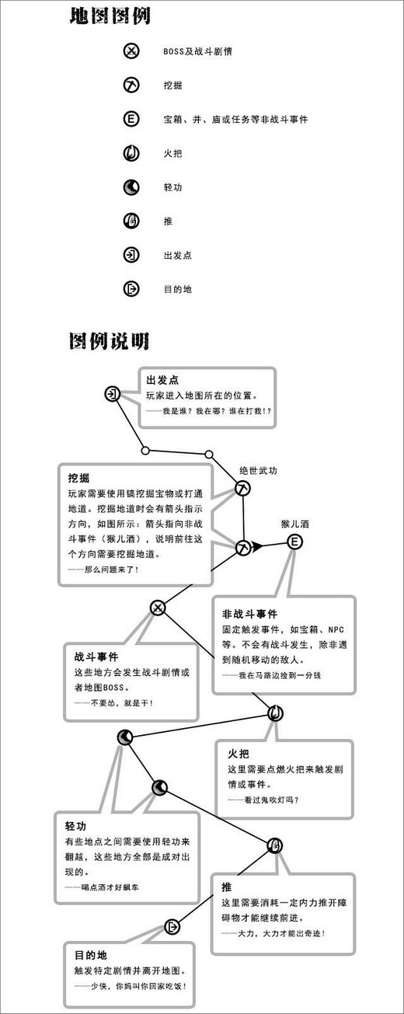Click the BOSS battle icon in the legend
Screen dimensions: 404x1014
131,51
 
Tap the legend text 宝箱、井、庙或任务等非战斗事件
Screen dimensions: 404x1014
235,120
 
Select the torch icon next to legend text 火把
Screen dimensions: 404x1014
131,153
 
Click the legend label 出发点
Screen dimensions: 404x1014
177,256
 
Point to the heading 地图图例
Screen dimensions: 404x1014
110,17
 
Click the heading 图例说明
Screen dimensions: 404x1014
109,341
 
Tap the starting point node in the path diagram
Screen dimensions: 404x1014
112,394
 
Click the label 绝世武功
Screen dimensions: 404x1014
258,470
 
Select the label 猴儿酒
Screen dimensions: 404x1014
295,524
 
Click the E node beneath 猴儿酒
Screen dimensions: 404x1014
294,542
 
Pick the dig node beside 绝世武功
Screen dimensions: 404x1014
243,489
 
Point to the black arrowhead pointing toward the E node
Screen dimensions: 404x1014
257,546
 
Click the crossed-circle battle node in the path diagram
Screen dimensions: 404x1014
158,608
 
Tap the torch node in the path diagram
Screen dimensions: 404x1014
275,714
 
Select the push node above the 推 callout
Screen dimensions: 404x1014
274,845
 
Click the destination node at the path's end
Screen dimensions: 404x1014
172,927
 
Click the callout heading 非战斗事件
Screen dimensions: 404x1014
249,615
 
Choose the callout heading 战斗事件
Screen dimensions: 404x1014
96,657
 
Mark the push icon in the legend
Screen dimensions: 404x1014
131,221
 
